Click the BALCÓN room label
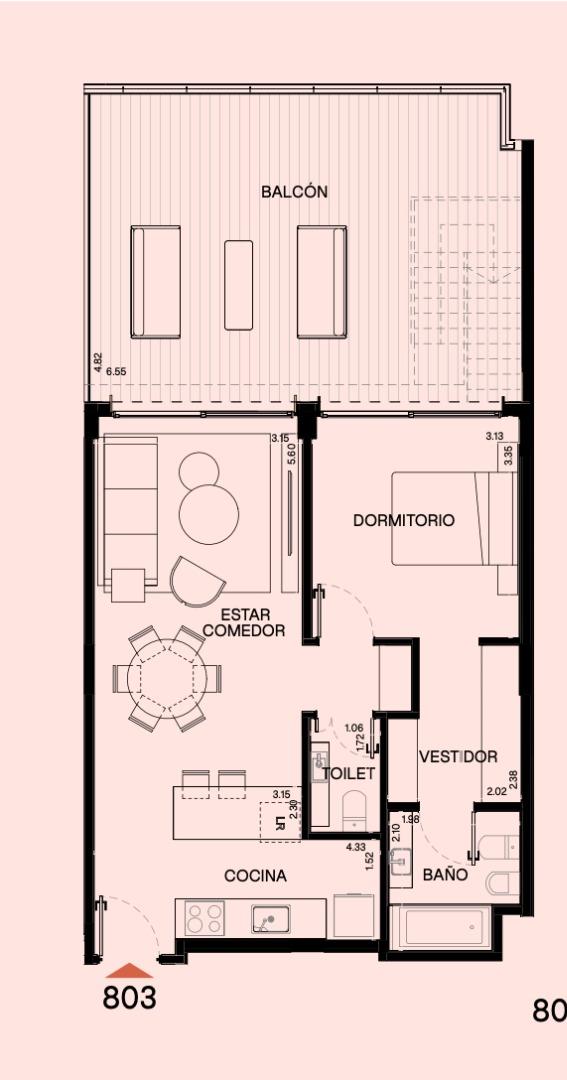click(x=294, y=192)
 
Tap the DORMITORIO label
click(x=404, y=520)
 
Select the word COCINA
click(x=256, y=876)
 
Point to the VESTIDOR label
click(x=458, y=757)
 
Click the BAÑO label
click(x=445, y=875)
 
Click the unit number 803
click(x=130, y=997)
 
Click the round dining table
click(x=167, y=678)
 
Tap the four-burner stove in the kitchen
click(x=205, y=918)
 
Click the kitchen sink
click(x=271, y=919)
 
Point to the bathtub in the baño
click(x=440, y=927)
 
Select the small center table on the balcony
click(x=238, y=284)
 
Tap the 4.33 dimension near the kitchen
click(x=356, y=847)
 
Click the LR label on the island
click(x=280, y=822)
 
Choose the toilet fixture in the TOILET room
click(x=355, y=809)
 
